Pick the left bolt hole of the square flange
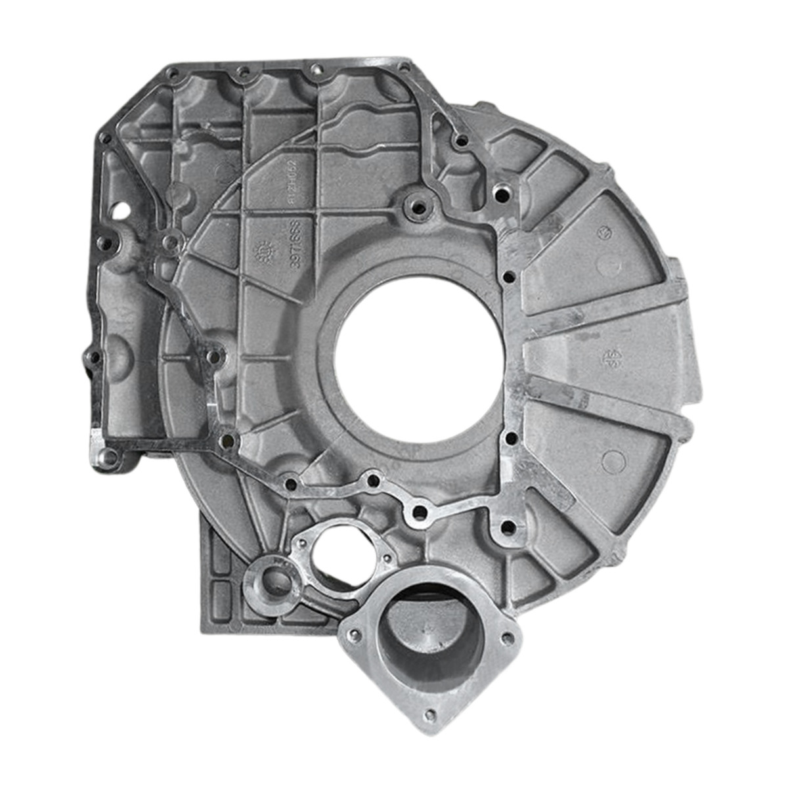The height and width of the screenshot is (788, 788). pos(355,634)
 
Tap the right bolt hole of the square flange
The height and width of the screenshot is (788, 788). pos(506,637)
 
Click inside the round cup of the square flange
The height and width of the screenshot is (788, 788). pos(431,640)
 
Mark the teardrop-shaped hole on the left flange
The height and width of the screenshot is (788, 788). pos(121,211)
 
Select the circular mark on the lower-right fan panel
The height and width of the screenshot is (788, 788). pos(611,460)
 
